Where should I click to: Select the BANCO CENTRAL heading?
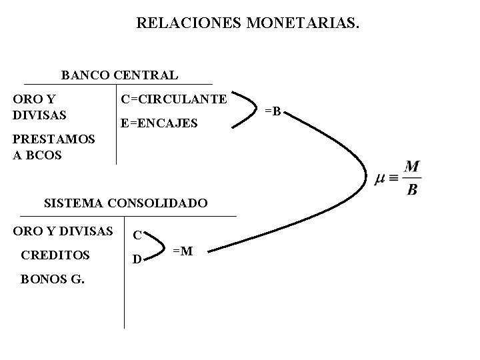pyautogui.click(x=119, y=75)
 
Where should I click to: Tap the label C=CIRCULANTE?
pyautogui.click(x=173, y=99)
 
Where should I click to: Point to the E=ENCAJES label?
pyautogui.click(x=159, y=123)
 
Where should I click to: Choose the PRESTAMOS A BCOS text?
pyautogui.click(x=54, y=147)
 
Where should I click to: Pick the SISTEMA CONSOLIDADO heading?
pyautogui.click(x=125, y=202)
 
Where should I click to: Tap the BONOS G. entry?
pyautogui.click(x=53, y=279)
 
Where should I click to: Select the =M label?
pyautogui.click(x=183, y=251)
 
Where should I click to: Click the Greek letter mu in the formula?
pyautogui.click(x=379, y=179)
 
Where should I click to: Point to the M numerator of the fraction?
pyautogui.click(x=412, y=167)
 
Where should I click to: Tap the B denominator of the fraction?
pyautogui.click(x=412, y=189)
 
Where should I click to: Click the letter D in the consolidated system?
pyautogui.click(x=136, y=259)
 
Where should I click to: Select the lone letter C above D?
pyautogui.click(x=136, y=235)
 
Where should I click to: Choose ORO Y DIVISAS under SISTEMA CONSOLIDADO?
pyautogui.click(x=63, y=231)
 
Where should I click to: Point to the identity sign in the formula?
pyautogui.click(x=393, y=179)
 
